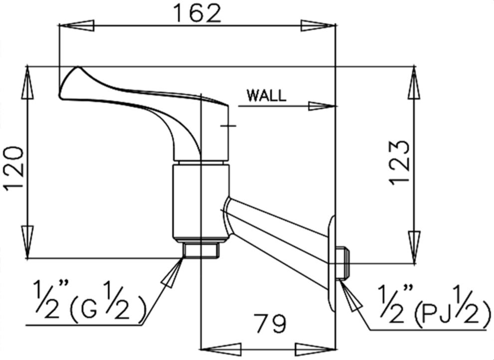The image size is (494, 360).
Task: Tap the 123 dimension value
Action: pyautogui.click(x=400, y=162)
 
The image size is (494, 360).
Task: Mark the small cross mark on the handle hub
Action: pyautogui.click(x=228, y=126)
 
